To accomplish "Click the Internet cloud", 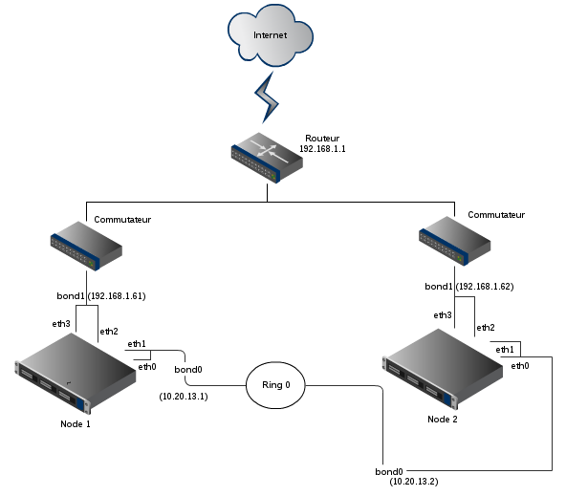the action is coord(271,35).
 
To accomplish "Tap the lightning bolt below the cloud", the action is coord(267,97).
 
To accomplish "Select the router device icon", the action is coord(267,158).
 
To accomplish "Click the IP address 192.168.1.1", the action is coord(322,149).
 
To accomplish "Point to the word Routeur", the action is coord(322,139).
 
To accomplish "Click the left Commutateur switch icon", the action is coord(86,246).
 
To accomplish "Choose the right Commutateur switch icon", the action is coord(454,241).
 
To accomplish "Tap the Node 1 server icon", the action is coord(76,374).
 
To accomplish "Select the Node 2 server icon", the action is coord(443,369).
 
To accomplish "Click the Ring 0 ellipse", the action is coord(275,385).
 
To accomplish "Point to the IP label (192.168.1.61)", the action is coord(117,296).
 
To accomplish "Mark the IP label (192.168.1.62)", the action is coord(485,287).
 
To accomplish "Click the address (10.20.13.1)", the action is coord(184,397).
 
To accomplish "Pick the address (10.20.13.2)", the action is coord(414,482).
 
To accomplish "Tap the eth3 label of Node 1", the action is coord(61,324).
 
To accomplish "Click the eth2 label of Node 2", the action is coord(486,328).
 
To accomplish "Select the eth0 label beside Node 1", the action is coord(147,367).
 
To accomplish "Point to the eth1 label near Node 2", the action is coord(505,350).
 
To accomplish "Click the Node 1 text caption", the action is coord(76,424).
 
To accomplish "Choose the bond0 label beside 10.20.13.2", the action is coord(389,472).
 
